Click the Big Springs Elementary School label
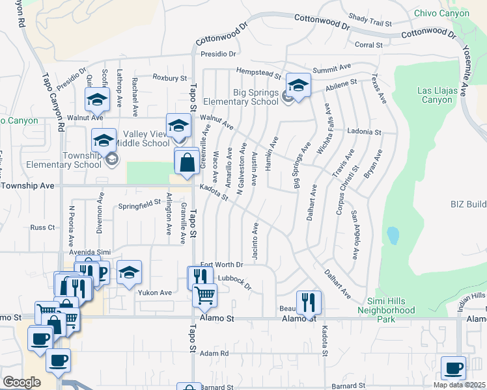(240, 96)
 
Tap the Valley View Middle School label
(137, 138)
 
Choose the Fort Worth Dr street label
(221, 265)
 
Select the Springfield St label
(139, 203)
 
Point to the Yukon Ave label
(154, 292)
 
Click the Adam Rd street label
(215, 353)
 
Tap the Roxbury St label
(170, 77)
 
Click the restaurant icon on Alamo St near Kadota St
(309, 302)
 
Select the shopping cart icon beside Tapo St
(205, 295)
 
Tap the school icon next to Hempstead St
(298, 85)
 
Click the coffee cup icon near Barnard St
(453, 367)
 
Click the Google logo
(22, 382)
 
